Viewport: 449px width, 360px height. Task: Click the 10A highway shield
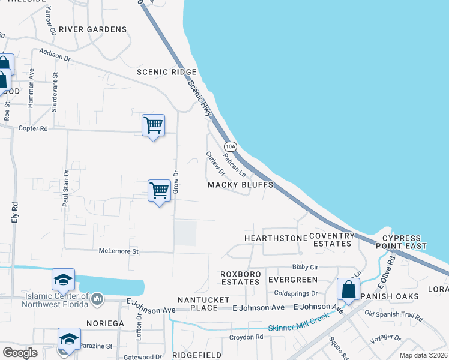(231, 146)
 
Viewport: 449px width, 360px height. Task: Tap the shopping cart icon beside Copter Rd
(154, 125)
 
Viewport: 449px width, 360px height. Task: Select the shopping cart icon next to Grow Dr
(159, 191)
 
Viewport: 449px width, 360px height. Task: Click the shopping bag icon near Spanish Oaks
(348, 290)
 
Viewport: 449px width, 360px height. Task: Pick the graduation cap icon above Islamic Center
(63, 280)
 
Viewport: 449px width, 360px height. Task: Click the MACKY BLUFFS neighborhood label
(240, 185)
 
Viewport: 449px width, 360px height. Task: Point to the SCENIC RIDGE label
(166, 72)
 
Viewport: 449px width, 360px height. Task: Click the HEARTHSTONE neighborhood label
(276, 238)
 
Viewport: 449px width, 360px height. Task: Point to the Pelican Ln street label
(235, 163)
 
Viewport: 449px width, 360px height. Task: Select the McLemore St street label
(119, 251)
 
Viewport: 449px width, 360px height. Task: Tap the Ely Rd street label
(15, 212)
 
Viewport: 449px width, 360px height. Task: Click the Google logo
(20, 353)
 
